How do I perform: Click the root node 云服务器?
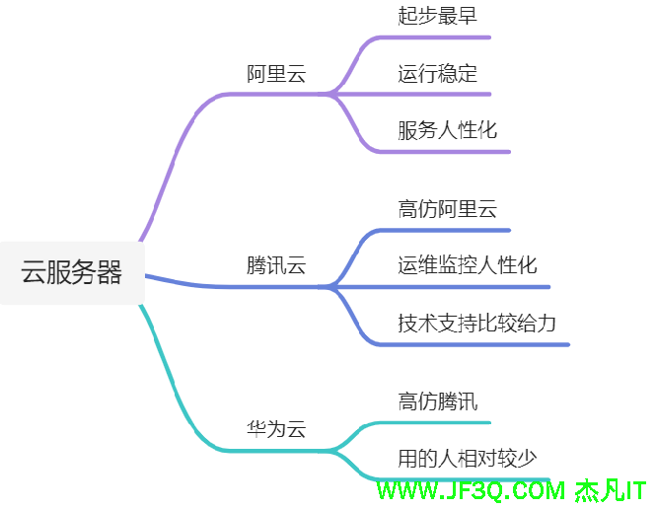tap(72, 272)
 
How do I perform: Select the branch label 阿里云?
tap(276, 74)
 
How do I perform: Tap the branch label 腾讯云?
tap(276, 265)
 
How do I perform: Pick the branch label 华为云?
tap(276, 429)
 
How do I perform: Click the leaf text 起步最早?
tap(437, 16)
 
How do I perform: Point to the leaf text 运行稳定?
tap(437, 73)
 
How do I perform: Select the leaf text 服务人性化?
tap(447, 130)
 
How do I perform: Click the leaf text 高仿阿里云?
tap(447, 209)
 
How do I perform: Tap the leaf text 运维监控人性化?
tap(468, 265)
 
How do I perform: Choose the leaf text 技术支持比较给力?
tap(476, 323)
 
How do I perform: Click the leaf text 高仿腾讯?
tap(437, 401)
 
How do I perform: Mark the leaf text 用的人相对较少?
tap(468, 459)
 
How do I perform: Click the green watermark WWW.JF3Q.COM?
tap(471, 491)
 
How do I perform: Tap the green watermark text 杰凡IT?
tap(611, 491)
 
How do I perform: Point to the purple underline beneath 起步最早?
tap(435, 37)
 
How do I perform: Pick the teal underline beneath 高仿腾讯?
tap(435, 423)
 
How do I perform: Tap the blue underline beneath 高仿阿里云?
tap(445, 231)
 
